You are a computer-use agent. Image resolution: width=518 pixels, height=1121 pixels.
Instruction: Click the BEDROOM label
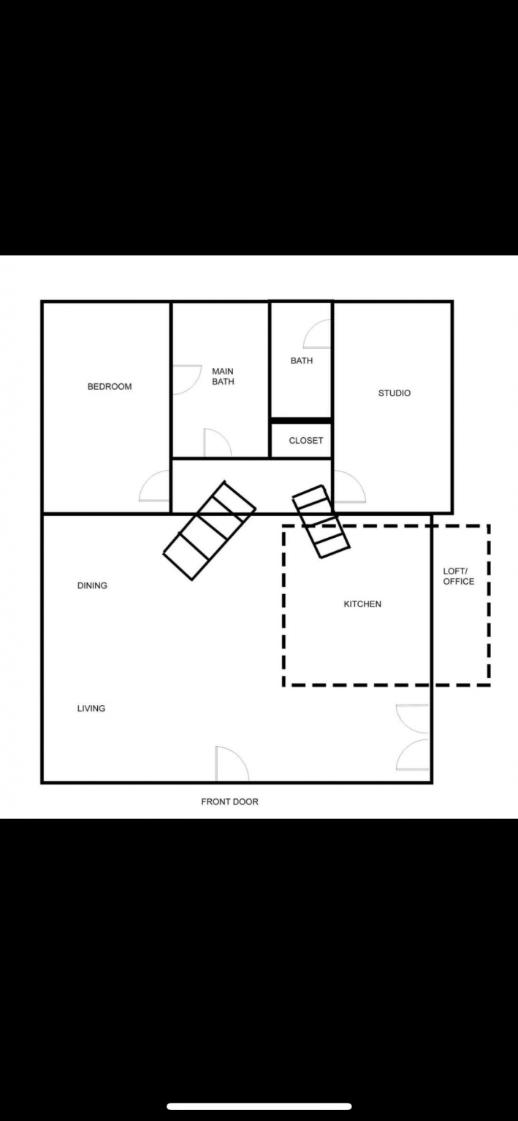[x=110, y=386]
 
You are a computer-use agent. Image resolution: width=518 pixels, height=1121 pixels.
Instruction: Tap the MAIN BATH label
[x=223, y=377]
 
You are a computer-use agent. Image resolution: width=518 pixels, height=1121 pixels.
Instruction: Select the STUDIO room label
[x=395, y=393]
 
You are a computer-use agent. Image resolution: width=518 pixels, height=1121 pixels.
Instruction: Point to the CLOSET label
[x=306, y=440]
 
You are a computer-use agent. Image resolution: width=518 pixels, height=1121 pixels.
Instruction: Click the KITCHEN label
[x=362, y=604]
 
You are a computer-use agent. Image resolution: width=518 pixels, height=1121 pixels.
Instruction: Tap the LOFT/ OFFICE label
[x=458, y=576]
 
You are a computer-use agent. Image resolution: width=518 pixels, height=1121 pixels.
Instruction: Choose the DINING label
[x=92, y=585]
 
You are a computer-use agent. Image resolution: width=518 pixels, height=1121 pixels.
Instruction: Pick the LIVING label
[x=91, y=709]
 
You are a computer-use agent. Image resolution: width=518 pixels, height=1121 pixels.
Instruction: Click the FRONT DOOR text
[x=230, y=802]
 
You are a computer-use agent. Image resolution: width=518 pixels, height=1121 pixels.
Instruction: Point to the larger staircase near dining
[x=210, y=531]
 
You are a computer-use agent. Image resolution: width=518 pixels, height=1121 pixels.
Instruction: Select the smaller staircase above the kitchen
[x=321, y=521]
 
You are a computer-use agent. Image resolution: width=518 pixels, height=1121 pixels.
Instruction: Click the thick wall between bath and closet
[x=301, y=420]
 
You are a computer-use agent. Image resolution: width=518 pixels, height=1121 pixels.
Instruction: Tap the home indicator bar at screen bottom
[x=259, y=1106]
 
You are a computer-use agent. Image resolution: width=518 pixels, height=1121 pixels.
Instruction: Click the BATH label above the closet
[x=302, y=361]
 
